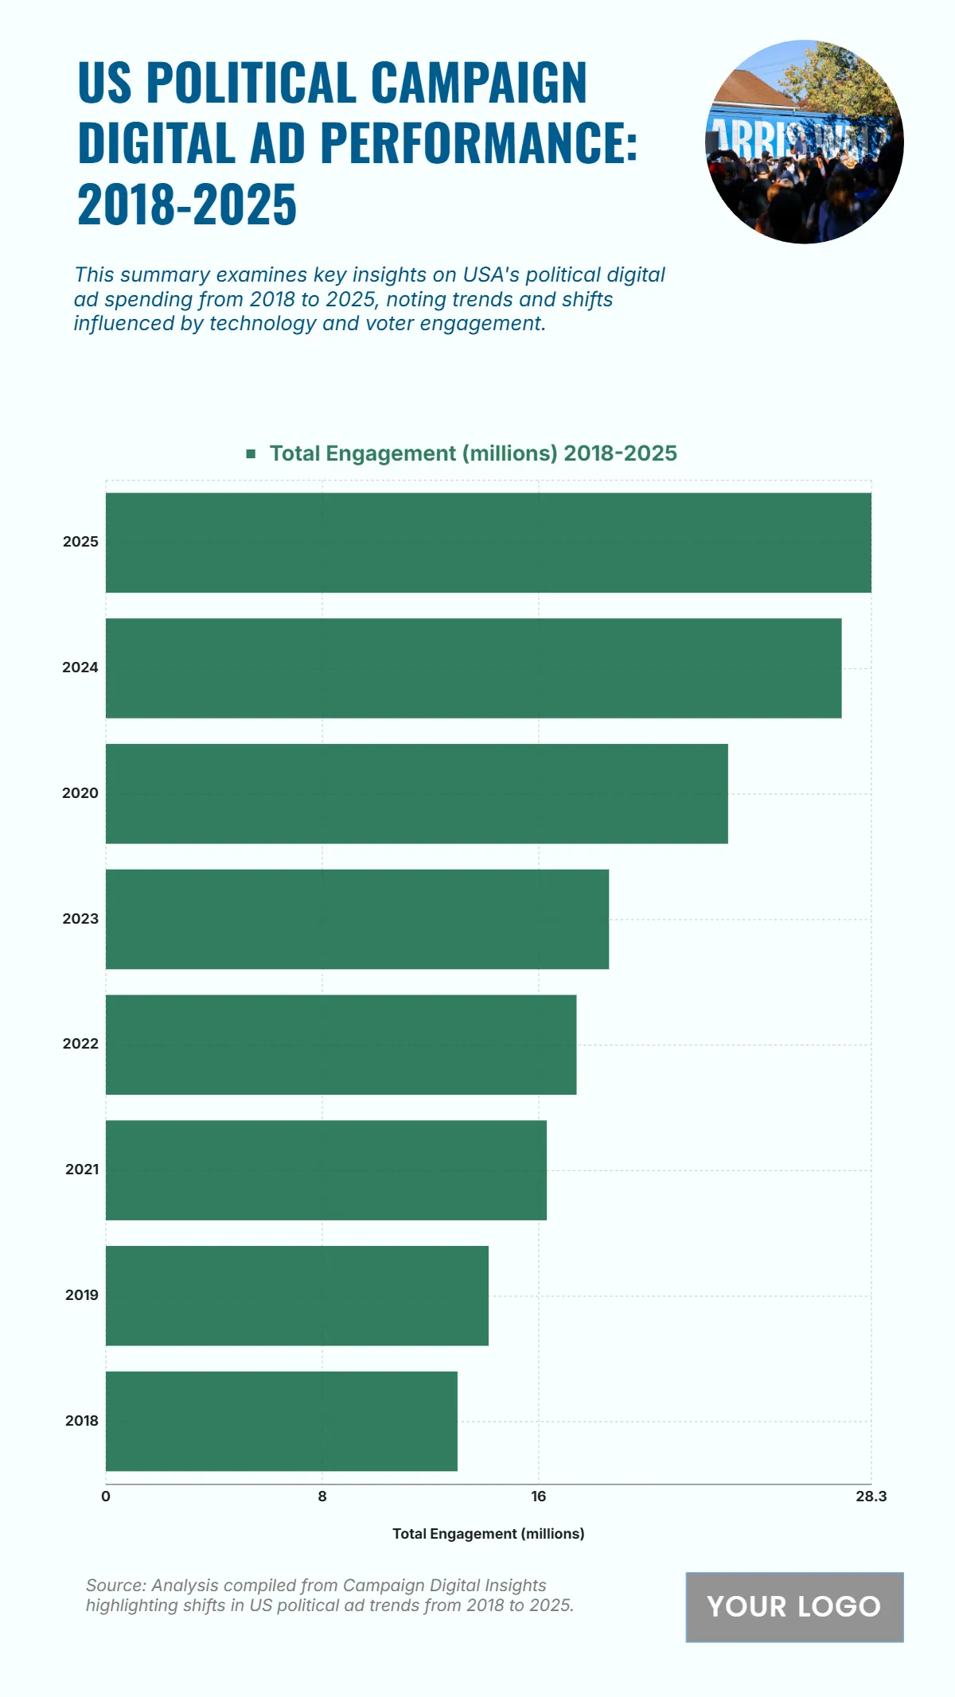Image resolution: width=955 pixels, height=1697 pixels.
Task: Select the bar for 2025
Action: click(x=488, y=543)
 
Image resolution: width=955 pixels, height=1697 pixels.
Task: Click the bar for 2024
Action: click(x=474, y=668)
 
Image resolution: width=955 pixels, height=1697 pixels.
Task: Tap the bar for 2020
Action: click(x=416, y=793)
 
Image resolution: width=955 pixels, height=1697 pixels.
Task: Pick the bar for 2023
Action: click(x=357, y=919)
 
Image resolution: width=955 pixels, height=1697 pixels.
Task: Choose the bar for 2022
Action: click(x=341, y=1045)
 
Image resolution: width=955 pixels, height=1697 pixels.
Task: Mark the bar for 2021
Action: click(x=326, y=1170)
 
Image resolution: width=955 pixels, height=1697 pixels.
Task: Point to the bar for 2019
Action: click(x=297, y=1296)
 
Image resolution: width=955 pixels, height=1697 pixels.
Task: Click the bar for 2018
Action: click(x=282, y=1421)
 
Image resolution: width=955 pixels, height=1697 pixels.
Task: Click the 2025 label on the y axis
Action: click(x=80, y=542)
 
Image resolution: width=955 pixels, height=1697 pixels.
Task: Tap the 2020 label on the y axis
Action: click(x=80, y=793)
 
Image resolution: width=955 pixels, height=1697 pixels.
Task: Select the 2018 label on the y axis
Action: click(x=81, y=1421)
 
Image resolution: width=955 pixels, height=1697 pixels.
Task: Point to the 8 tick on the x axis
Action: click(x=322, y=1497)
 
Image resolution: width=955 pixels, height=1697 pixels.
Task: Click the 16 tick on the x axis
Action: click(x=539, y=1497)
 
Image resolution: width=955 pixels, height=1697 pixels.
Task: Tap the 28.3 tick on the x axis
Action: click(x=871, y=1497)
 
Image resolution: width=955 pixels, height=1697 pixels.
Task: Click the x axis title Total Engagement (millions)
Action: click(x=488, y=1534)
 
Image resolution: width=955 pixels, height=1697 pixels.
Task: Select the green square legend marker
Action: click(x=251, y=453)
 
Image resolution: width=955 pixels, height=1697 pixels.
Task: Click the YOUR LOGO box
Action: click(x=794, y=1606)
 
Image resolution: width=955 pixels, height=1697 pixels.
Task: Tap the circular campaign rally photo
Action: click(x=804, y=142)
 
